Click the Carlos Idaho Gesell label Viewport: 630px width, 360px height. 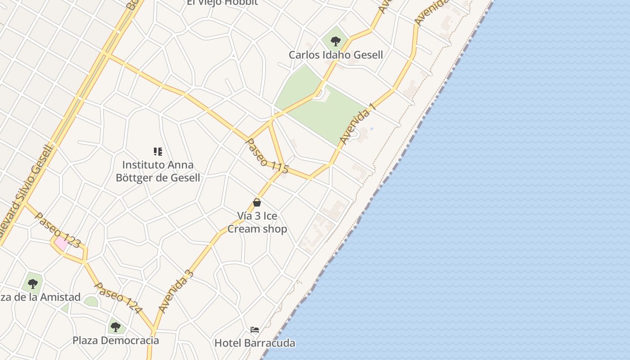tap(336, 55)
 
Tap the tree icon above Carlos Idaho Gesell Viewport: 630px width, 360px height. tap(335, 41)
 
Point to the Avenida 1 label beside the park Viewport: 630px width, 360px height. tap(357, 124)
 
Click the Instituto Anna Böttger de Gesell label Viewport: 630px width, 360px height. tap(157, 171)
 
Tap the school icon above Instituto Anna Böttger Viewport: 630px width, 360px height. tap(157, 152)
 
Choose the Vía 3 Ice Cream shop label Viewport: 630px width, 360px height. tap(257, 222)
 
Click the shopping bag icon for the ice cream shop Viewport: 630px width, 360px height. tap(257, 202)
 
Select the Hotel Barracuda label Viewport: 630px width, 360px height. tap(255, 343)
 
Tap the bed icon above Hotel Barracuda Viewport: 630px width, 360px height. tap(255, 330)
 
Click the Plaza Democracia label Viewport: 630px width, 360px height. tap(116, 340)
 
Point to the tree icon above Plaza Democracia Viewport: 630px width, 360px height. tap(116, 327)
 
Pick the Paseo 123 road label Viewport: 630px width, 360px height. tap(58, 230)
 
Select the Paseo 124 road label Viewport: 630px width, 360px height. tap(118, 298)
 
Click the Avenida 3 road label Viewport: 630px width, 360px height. tap(176, 292)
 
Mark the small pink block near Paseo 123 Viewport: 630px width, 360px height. tap(61, 243)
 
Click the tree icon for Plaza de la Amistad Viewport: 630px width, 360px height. tap(32, 284)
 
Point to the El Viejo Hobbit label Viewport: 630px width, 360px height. tap(222, 3)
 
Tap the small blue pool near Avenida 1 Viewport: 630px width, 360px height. tap(371, 129)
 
